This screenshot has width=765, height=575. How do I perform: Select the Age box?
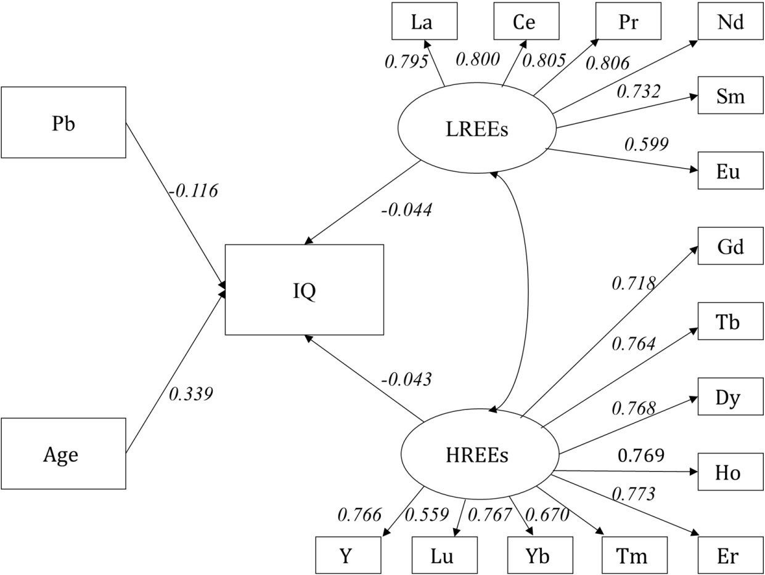(x=63, y=454)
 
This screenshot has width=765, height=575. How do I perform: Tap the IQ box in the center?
(x=304, y=290)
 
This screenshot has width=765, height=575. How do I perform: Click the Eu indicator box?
(x=730, y=171)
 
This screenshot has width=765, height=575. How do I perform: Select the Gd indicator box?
(x=730, y=247)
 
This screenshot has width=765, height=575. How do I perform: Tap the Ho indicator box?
(x=730, y=473)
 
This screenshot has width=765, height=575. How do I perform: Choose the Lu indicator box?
(x=443, y=555)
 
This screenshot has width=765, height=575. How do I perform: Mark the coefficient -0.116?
(x=193, y=191)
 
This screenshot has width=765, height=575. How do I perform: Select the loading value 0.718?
(x=633, y=283)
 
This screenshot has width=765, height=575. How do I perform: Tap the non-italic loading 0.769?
(x=641, y=456)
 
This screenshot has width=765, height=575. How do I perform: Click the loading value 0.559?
(x=427, y=514)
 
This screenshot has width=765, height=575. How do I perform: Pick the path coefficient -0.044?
(x=407, y=210)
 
